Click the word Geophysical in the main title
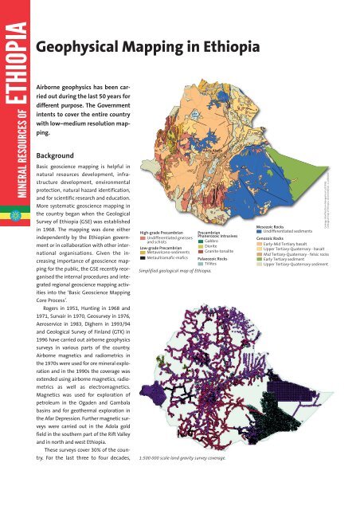(x=84, y=49)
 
